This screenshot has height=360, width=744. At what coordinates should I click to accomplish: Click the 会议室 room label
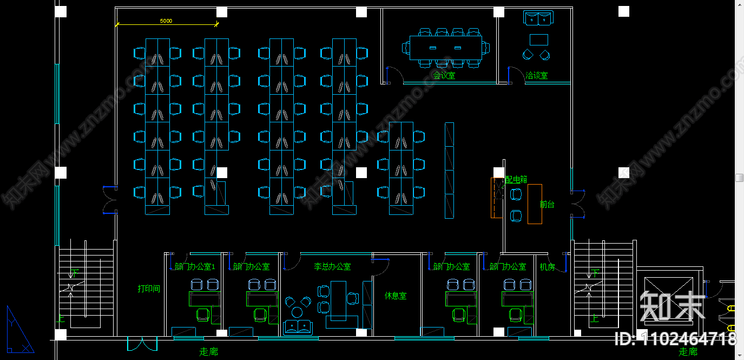pos(444,75)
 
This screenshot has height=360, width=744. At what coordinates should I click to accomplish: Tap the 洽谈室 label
pos(536,75)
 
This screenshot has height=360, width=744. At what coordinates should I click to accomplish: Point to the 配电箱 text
pos(516,179)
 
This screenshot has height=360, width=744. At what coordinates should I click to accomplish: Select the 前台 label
pos(547,204)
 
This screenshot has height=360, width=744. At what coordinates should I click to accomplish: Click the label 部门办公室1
pos(195,266)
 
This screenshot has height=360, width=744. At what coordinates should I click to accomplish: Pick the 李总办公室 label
pos(332,266)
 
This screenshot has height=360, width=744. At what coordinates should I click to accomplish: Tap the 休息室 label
pos(396,296)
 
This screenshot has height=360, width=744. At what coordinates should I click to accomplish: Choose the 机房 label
pos(547,266)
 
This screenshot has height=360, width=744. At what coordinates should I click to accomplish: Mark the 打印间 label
pos(149,289)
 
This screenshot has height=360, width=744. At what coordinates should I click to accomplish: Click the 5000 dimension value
pos(166,21)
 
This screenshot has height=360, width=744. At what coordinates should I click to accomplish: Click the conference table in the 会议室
pos(445,48)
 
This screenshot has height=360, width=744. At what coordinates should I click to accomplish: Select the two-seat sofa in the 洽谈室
pos(538,18)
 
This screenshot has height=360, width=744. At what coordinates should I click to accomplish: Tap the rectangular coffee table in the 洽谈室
pos(538,40)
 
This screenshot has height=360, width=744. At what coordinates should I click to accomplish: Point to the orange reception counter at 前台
pos(535,204)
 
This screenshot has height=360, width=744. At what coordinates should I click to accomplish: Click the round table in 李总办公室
pos(297,312)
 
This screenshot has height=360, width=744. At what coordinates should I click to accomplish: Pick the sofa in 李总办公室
pos(298,327)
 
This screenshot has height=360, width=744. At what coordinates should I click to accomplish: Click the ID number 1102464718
pos(676,339)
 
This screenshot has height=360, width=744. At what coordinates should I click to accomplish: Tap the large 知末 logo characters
pos(673,306)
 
